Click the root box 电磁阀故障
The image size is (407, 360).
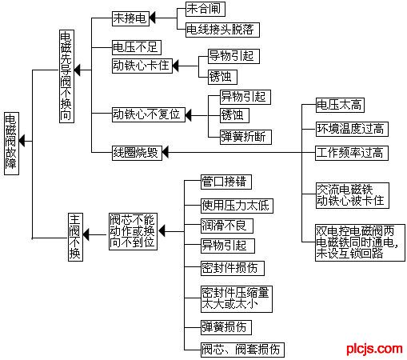click(11, 143)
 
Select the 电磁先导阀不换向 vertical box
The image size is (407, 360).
click(66, 76)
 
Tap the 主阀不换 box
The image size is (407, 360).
click(75, 237)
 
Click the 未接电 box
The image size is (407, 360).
click(130, 18)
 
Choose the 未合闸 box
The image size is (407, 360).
click(205, 9)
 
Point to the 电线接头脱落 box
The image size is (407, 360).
click(222, 30)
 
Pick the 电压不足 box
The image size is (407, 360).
click(137, 47)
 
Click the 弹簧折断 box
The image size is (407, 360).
click(245, 137)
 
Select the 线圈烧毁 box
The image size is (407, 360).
click(137, 153)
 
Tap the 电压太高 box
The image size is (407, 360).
click(340, 105)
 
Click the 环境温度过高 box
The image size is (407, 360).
click(352, 129)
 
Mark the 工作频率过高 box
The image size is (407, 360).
click(352, 153)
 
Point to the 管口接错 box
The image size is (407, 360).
click(226, 182)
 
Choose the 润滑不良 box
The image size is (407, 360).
click(227, 226)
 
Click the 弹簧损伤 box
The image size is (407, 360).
click(226, 327)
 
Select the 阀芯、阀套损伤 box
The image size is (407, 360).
click(242, 350)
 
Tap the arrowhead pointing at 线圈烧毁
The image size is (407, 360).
click(166, 153)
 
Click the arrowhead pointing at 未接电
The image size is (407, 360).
click(152, 18)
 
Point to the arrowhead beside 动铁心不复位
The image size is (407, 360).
click(188, 115)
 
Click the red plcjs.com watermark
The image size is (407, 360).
click(374, 349)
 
